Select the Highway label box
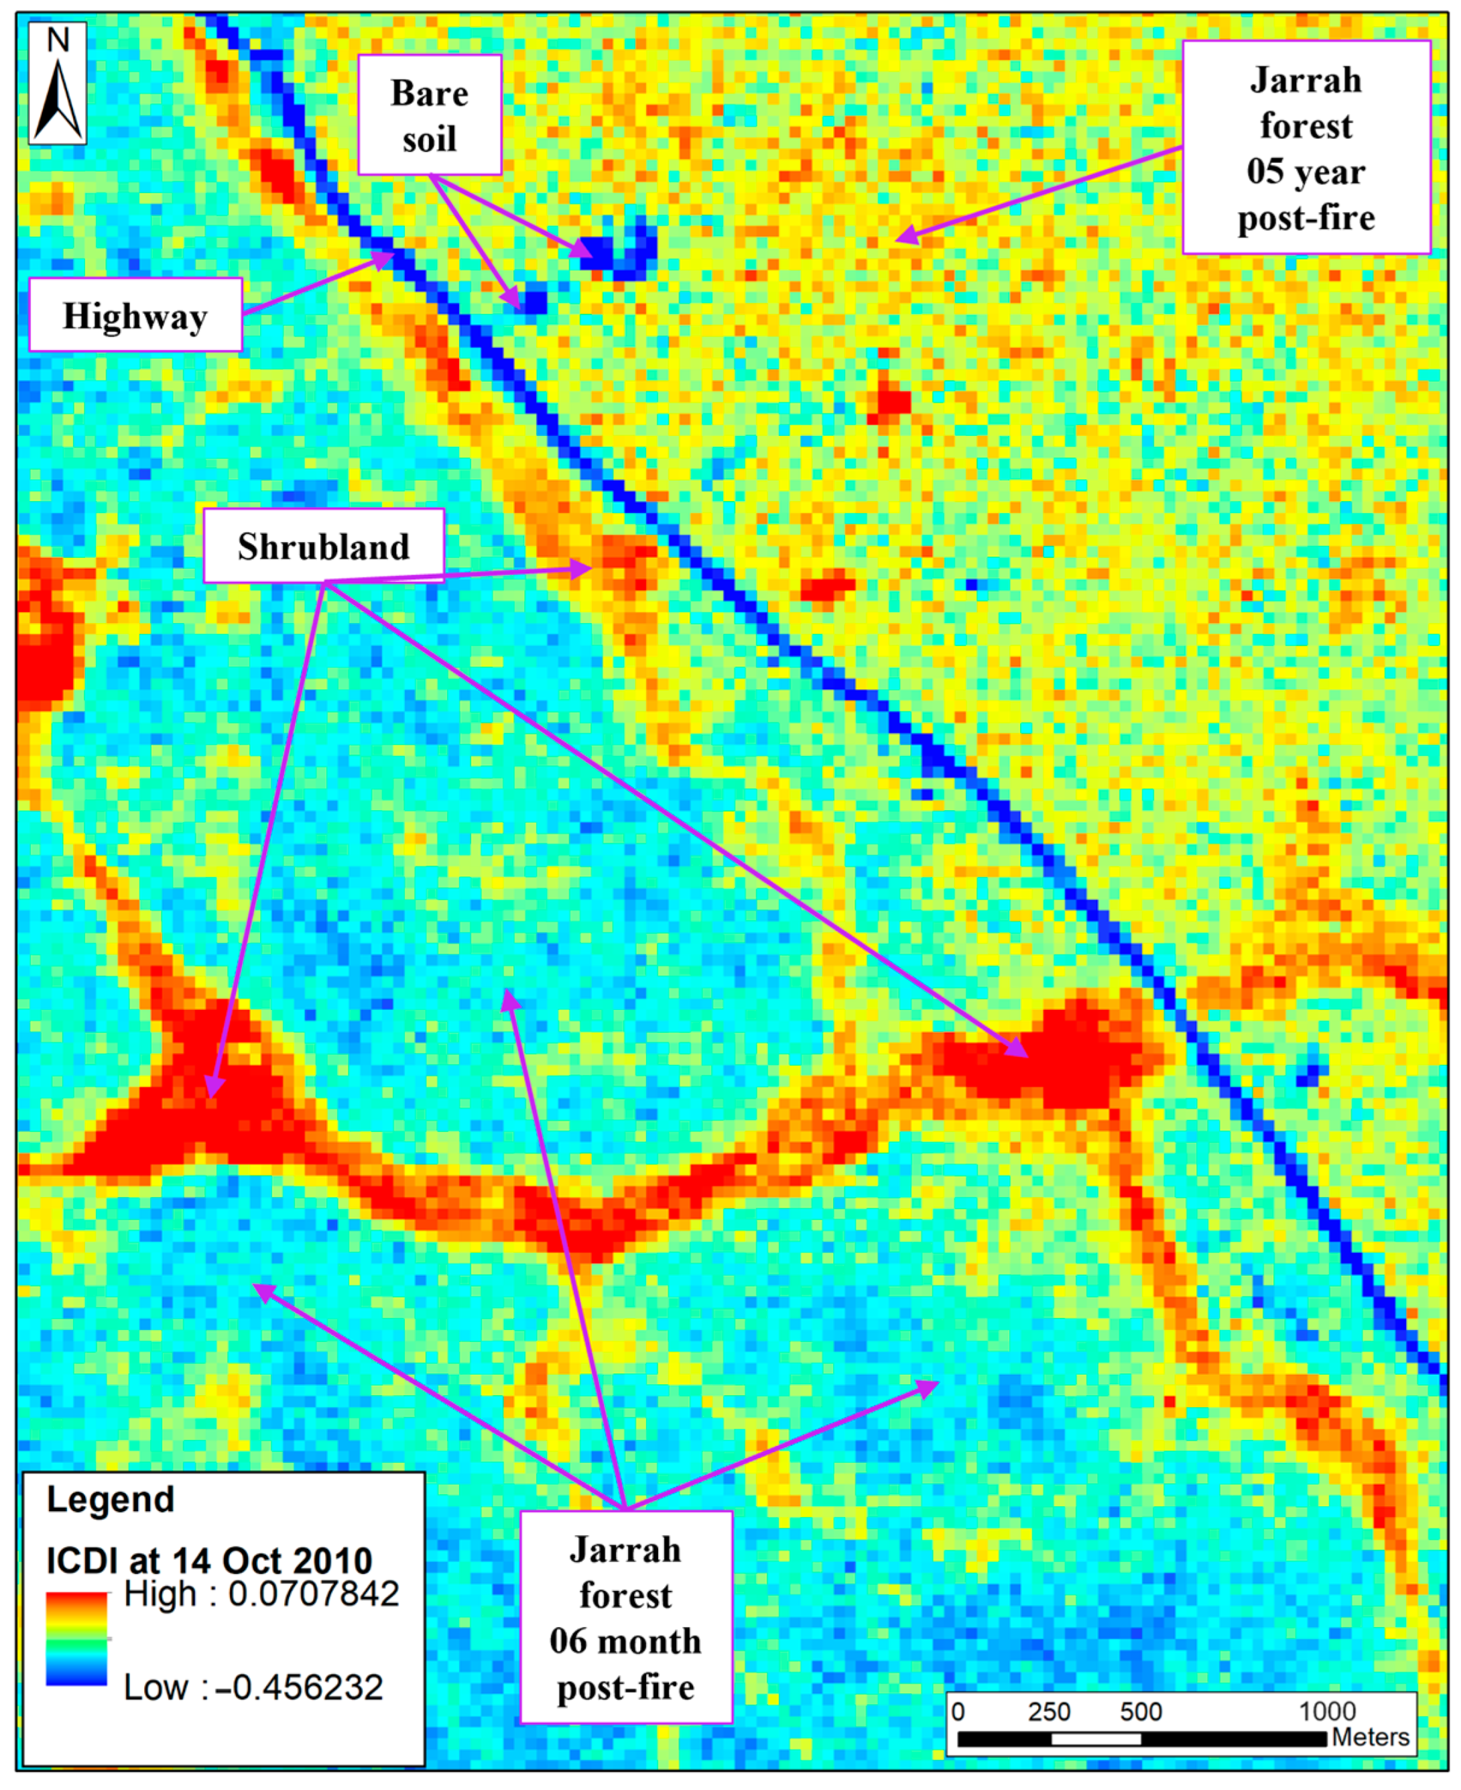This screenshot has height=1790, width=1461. (x=135, y=315)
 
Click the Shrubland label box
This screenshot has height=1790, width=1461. (x=324, y=546)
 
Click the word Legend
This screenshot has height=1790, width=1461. (x=111, y=1500)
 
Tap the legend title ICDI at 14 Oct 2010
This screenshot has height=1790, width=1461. (x=208, y=1560)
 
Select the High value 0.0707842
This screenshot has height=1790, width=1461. (x=313, y=1593)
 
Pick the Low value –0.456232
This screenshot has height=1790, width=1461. (x=299, y=1687)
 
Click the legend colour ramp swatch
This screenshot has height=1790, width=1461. (x=76, y=1638)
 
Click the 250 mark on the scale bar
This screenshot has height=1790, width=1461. (x=1049, y=1712)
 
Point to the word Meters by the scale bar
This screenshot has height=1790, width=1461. (x=1370, y=1737)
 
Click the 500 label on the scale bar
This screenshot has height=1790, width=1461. (x=1141, y=1712)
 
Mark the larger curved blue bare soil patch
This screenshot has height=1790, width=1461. (x=623, y=251)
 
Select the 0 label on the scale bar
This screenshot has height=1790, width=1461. (x=958, y=1712)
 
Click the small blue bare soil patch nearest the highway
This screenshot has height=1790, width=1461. (x=533, y=300)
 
